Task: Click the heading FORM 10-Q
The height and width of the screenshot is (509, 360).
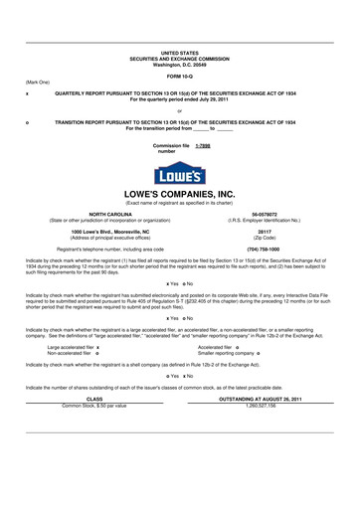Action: coord(180,76)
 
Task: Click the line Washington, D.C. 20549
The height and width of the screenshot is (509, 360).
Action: coord(180,64)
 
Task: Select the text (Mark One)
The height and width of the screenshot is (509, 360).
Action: coord(37,83)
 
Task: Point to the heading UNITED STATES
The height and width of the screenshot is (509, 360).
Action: coord(180,52)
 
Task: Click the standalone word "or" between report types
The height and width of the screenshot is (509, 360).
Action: coord(180,111)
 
